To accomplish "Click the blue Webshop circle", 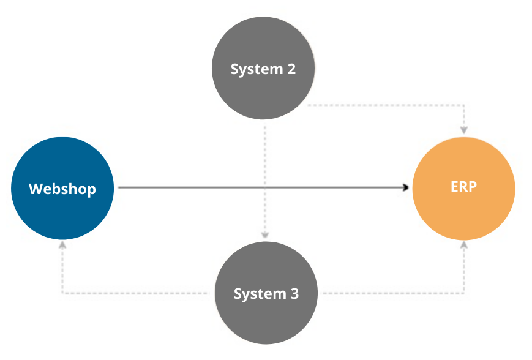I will pos(62,189).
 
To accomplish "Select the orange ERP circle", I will pos(463,188).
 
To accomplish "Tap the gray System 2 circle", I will pos(263,69).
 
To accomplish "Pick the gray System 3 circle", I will pos(266,294).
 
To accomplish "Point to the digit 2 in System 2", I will pos(291,69).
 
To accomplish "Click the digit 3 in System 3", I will pos(294,294).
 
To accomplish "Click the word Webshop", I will pos(62,189).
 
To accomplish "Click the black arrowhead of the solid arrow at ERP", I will pos(406,188).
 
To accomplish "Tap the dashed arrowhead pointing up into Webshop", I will pos(62,244).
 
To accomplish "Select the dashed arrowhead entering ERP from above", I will pos(464,130).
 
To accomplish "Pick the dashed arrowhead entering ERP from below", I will pos(464,244).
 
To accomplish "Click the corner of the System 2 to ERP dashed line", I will pos(464,105).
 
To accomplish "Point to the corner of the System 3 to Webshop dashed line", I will pos(62,293).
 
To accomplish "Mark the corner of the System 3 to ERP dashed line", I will pos(464,293).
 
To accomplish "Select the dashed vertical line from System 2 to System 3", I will pos(265,153).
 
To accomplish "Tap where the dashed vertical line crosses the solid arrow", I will pos(265,188).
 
